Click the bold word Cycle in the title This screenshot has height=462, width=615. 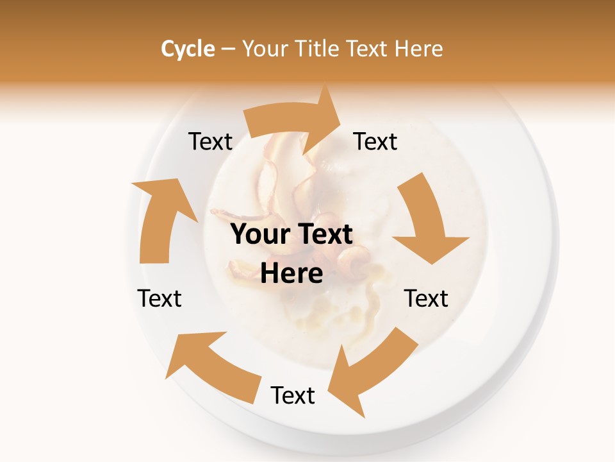(188, 49)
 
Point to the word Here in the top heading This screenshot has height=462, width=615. (418, 49)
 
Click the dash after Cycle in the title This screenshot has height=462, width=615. (228, 49)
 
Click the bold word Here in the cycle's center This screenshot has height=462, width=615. (291, 274)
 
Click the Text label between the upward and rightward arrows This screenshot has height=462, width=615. (210, 141)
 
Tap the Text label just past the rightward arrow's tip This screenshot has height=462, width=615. (375, 141)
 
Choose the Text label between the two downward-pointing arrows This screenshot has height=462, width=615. (426, 298)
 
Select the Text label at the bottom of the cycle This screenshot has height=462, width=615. (293, 395)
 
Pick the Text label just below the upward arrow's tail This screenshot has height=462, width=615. (160, 298)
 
